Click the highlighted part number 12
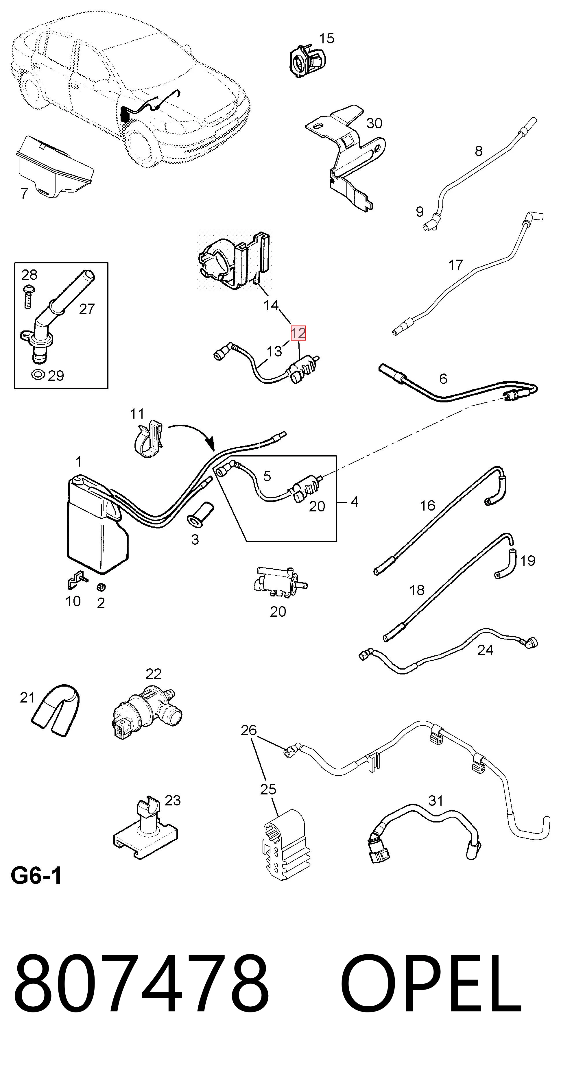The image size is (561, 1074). click(x=298, y=333)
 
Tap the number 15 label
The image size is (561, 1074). click(x=326, y=38)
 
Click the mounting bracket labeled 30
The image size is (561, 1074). click(x=345, y=156)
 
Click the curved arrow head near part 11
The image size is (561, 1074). click(x=210, y=443)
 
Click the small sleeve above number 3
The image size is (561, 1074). click(x=200, y=514)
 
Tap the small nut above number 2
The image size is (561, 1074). click(x=101, y=587)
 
